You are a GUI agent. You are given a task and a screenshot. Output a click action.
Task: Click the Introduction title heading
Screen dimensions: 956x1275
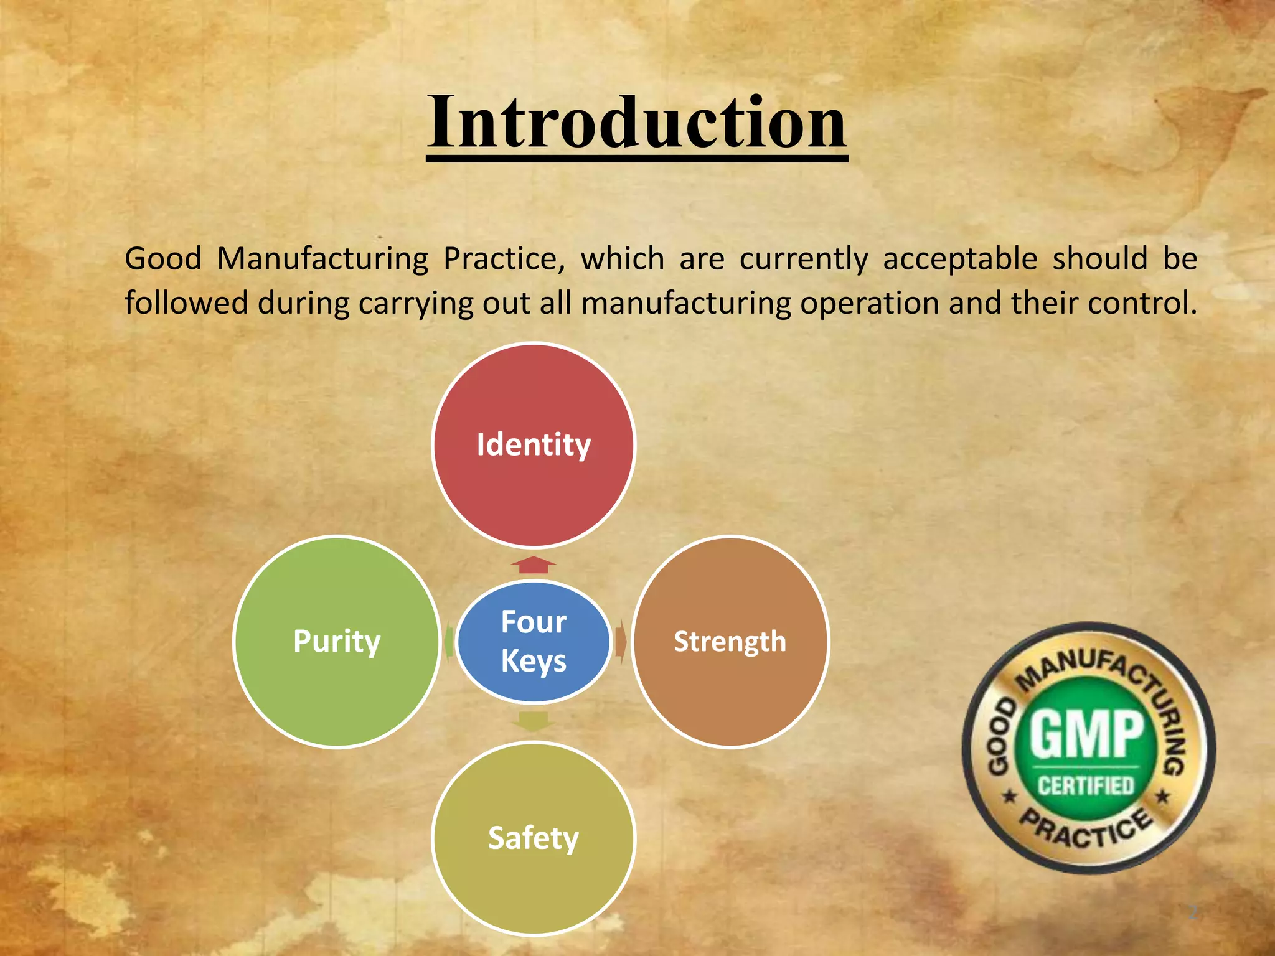[x=636, y=123]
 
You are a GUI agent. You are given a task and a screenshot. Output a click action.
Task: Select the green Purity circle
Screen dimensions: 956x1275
[x=337, y=642]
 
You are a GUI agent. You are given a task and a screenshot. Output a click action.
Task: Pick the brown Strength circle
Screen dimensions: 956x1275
[x=730, y=642]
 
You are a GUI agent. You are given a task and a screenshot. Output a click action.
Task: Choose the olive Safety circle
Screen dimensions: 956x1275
[x=534, y=838]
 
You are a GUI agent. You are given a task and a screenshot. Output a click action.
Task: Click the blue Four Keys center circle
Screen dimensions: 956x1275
[x=534, y=642]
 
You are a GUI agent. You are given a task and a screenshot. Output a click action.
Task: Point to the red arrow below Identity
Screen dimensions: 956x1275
[x=534, y=565]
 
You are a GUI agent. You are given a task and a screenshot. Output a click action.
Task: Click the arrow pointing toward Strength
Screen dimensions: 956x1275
[x=621, y=642]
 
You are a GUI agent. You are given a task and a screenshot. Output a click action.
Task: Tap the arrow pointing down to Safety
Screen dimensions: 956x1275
[x=534, y=721]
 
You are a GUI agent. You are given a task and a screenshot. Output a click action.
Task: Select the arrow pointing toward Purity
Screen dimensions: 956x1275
[x=448, y=642]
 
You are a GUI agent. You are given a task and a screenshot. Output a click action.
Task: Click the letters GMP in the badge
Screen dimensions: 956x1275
[x=1087, y=734]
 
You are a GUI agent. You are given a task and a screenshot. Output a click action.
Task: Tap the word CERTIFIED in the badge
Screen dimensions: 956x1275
[x=1086, y=785]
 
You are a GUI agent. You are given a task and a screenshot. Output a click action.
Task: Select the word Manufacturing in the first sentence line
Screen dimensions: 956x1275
[x=322, y=259]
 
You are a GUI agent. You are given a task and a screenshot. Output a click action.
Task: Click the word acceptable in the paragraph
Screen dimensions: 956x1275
[x=960, y=259]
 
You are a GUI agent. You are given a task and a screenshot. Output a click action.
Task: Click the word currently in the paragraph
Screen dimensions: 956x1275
[x=803, y=259]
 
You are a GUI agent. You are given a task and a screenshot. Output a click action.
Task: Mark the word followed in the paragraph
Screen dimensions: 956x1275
[x=186, y=304]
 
